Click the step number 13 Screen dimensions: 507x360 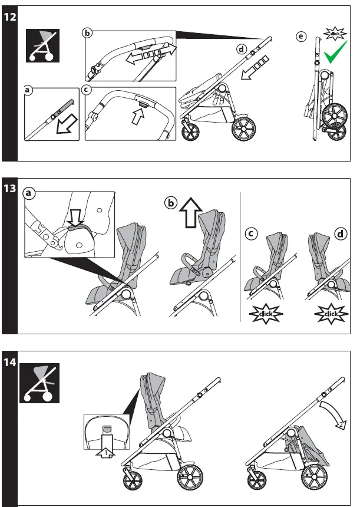point(9,189)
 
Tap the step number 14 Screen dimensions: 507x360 point(9,361)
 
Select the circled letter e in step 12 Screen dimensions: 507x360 point(302,38)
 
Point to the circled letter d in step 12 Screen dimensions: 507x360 point(242,50)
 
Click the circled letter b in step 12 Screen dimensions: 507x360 point(87,32)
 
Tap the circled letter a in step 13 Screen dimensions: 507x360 point(28,193)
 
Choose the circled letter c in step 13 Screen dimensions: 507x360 point(250,233)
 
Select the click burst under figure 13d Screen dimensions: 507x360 point(330,314)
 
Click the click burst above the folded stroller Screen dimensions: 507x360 point(336,33)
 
